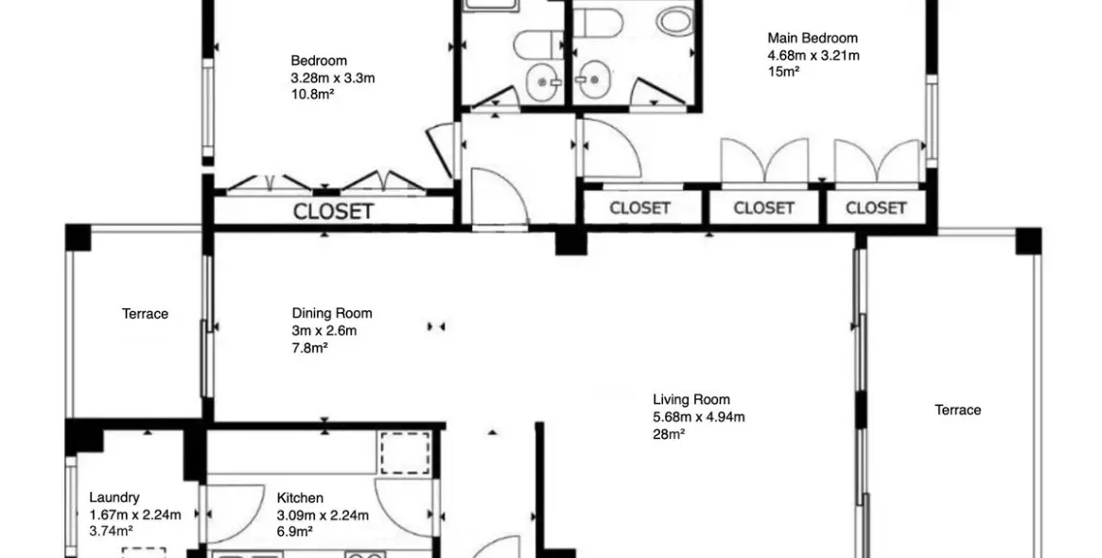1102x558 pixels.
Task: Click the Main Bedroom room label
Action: (812, 39)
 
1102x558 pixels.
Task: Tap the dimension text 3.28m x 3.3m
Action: (332, 78)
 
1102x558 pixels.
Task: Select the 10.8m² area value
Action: (314, 96)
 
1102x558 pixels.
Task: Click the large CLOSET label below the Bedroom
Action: (333, 212)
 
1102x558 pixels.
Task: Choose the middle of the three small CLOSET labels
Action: (763, 208)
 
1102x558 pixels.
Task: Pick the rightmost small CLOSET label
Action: (875, 208)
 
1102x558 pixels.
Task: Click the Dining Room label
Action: (331, 313)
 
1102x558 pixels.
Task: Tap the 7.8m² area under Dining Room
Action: (309, 348)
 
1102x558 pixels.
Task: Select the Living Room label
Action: (691, 400)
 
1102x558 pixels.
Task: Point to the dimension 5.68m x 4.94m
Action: (698, 417)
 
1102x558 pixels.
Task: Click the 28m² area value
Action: (669, 434)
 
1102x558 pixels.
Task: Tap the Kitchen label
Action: (300, 497)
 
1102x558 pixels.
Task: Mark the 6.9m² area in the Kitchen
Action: (294, 532)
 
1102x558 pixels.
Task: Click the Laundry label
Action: (114, 497)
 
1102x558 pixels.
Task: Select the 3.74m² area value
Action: (110, 532)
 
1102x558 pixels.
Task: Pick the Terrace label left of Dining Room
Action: (145, 314)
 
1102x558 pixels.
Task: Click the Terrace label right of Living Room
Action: (957, 410)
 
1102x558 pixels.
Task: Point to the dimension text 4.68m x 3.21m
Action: (813, 56)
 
